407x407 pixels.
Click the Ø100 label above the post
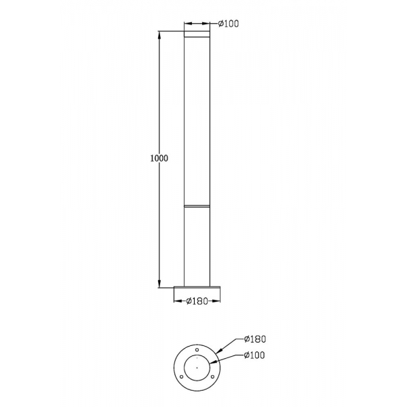point(228,24)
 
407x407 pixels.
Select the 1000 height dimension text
point(159,158)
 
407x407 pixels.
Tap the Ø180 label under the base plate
point(197,301)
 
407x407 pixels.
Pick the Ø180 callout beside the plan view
point(255,339)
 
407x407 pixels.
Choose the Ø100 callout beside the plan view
point(254,355)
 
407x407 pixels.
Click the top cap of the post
point(197,34)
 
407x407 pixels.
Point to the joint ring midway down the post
point(197,206)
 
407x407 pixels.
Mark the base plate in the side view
point(197,288)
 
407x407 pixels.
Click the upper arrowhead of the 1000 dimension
point(159,35)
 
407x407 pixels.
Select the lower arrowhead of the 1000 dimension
point(159,284)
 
